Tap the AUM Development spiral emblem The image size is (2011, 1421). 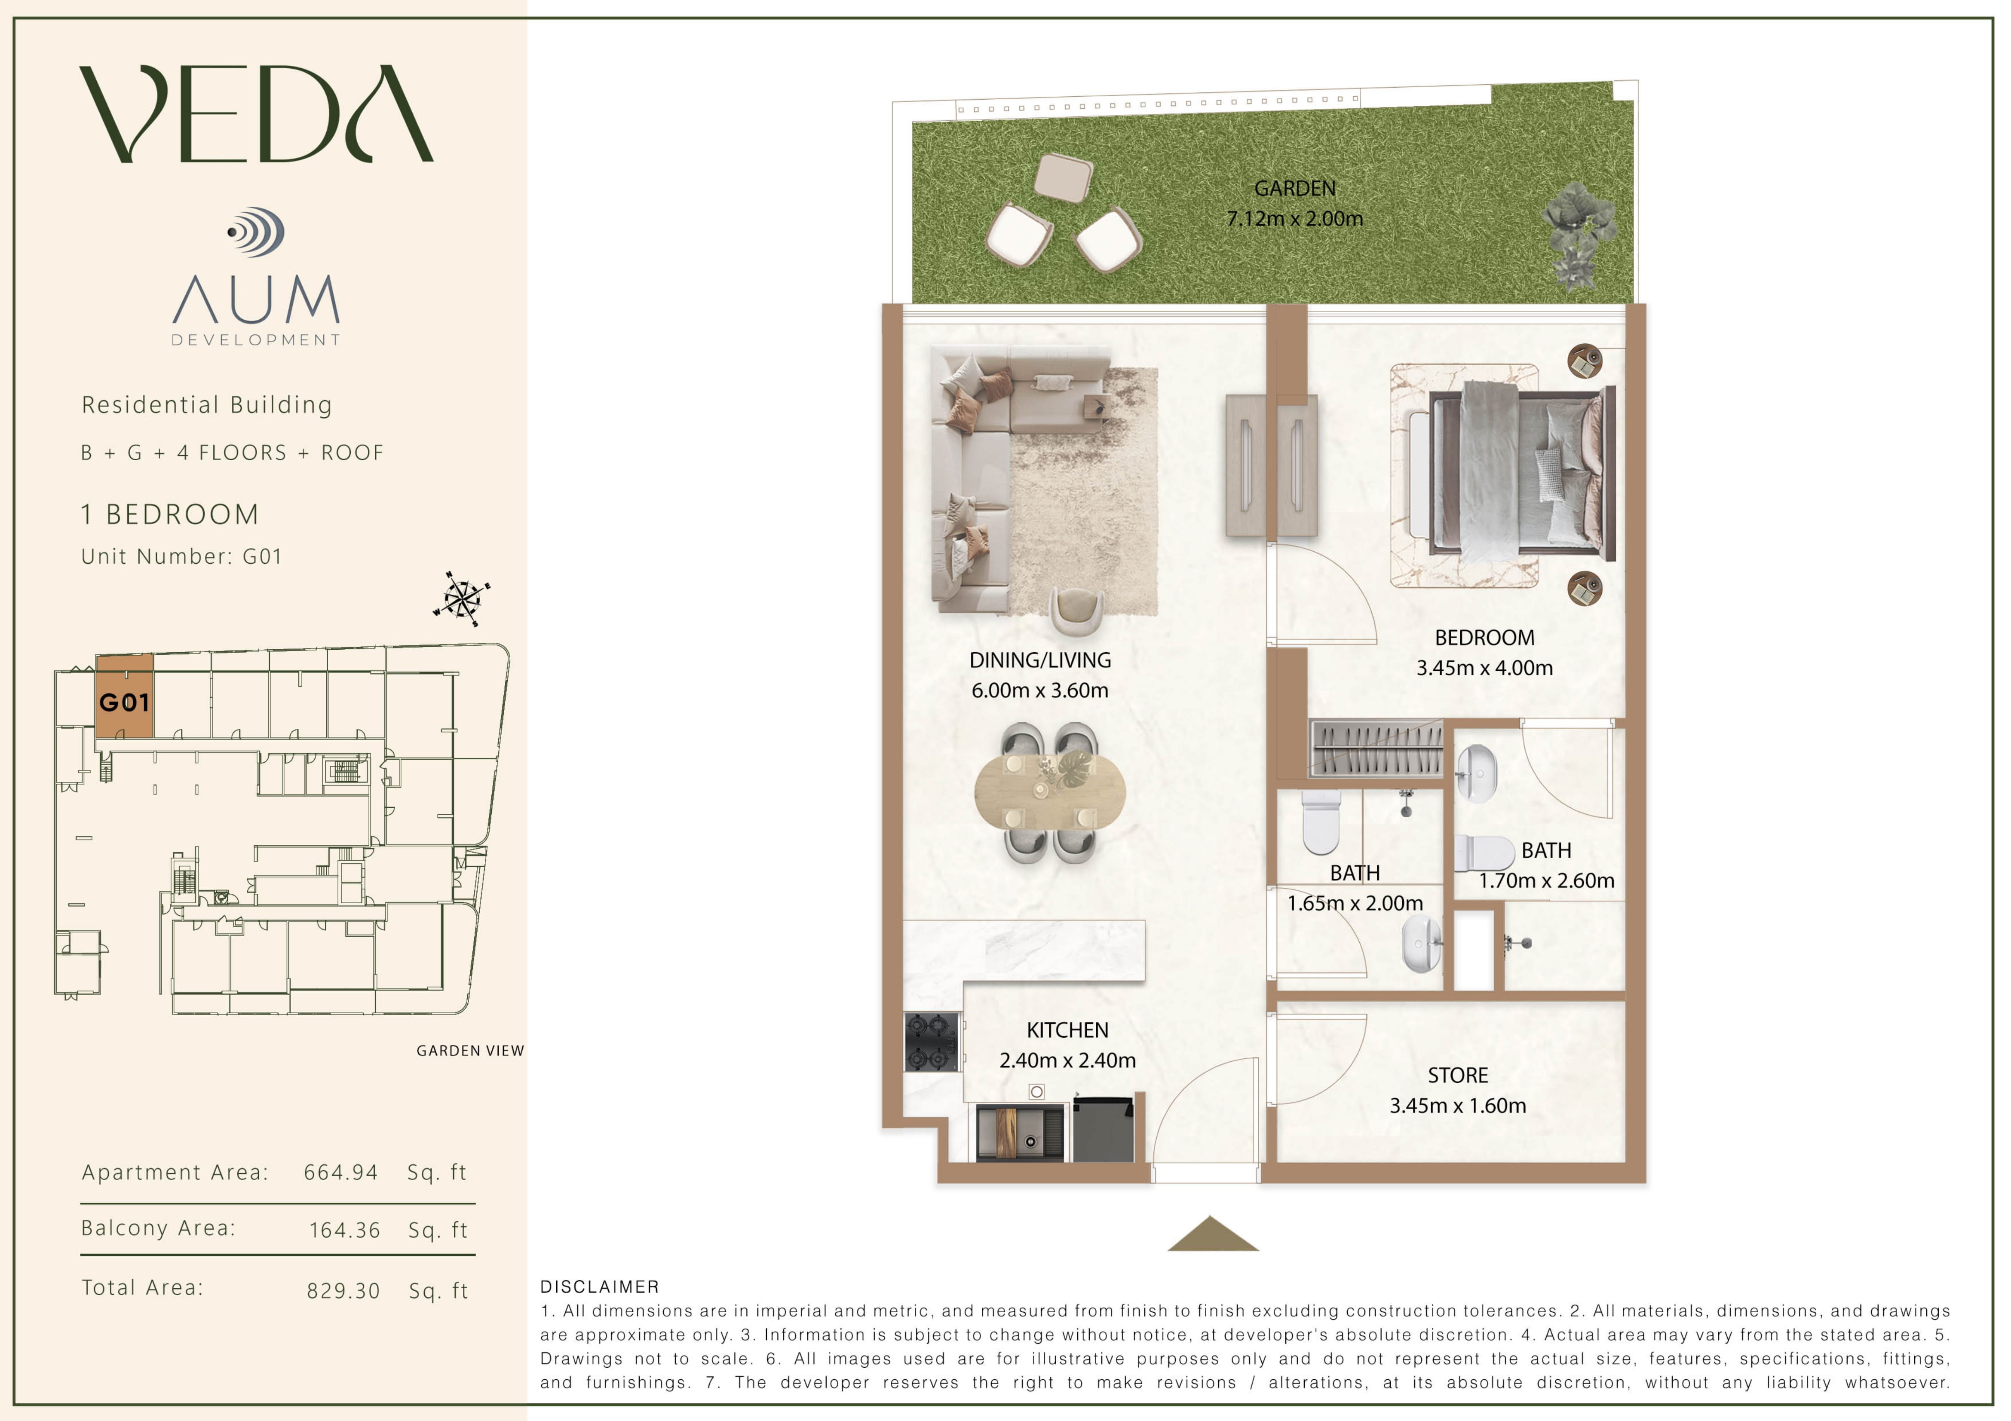(x=256, y=232)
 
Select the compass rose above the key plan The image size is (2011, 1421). (x=462, y=599)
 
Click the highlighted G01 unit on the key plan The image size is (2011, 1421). (x=124, y=698)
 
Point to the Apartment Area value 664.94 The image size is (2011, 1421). (x=341, y=1172)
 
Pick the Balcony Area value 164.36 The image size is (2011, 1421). (x=345, y=1230)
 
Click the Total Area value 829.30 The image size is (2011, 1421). (x=343, y=1290)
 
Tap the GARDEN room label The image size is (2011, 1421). (x=1294, y=188)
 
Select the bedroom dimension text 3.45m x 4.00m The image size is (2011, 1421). (x=1484, y=668)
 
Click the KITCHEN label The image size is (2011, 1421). (x=1068, y=1030)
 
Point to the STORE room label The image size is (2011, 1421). (x=1457, y=1075)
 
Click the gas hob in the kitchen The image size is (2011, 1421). (x=932, y=1042)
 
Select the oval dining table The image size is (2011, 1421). (x=1049, y=792)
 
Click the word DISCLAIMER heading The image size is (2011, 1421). (x=600, y=1286)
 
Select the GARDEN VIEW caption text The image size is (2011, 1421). (x=470, y=1051)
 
